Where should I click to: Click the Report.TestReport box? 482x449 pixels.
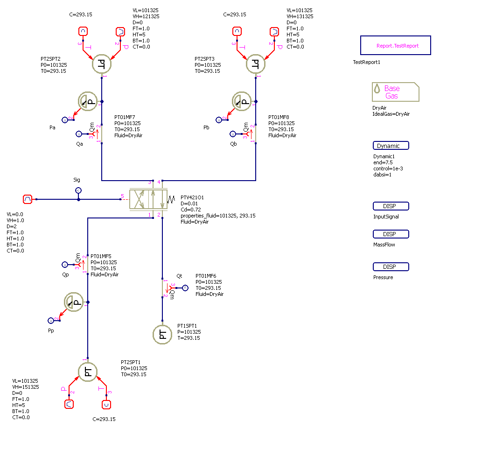tap(395, 46)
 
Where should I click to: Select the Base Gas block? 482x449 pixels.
tap(395, 92)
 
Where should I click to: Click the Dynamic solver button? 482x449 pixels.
tap(391, 146)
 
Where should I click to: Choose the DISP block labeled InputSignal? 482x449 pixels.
tap(391, 206)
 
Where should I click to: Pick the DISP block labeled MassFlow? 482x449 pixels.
tap(391, 234)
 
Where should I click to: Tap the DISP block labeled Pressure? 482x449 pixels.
tap(391, 267)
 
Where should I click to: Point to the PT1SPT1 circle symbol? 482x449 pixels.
tap(162, 334)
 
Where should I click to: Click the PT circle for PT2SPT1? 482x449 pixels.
tap(87, 372)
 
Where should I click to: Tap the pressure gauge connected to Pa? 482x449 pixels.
tap(87, 101)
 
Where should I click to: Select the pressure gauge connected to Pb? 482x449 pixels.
tap(242, 101)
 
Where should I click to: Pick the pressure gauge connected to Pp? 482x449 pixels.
tap(74, 302)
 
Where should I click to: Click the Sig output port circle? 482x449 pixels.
tap(78, 190)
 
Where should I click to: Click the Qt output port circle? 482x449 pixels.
tap(185, 288)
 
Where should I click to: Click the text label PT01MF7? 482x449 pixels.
tap(125, 117)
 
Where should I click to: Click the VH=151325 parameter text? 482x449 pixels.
tap(25, 387)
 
